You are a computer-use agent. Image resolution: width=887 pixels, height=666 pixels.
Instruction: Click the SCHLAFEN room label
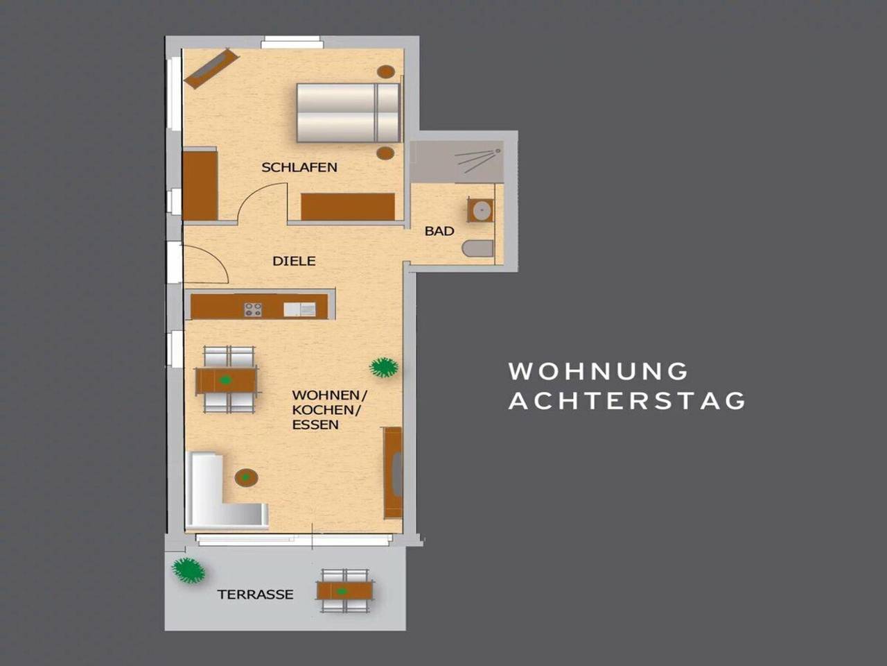(299, 167)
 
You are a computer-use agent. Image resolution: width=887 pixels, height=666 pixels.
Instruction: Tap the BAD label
(439, 231)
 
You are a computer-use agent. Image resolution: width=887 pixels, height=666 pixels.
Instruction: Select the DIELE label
(294, 262)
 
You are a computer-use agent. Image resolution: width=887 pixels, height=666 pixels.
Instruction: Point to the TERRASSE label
(256, 595)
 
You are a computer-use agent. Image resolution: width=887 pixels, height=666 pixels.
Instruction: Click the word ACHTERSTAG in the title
(626, 401)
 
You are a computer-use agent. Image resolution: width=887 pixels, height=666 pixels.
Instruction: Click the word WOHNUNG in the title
(598, 370)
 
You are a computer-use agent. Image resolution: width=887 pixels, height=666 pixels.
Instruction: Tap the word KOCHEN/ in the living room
(326, 410)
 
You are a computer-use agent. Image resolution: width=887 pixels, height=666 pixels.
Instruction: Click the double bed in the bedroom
(349, 113)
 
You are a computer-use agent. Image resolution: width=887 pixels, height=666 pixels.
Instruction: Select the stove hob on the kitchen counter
(253, 309)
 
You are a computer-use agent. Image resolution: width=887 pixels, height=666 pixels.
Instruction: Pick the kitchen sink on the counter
(299, 309)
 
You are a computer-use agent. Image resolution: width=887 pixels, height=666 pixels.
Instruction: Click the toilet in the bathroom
(478, 248)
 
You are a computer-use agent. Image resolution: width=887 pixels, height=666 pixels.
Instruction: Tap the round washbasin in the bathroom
(482, 210)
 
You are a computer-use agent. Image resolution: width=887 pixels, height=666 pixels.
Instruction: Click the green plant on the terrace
(188, 570)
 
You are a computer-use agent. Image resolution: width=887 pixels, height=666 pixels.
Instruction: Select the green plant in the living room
(384, 367)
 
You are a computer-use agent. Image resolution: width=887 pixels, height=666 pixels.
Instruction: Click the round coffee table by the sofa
(246, 477)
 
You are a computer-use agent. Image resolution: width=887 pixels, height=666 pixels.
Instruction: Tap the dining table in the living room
(226, 380)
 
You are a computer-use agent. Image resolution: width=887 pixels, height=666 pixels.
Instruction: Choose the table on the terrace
(344, 591)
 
